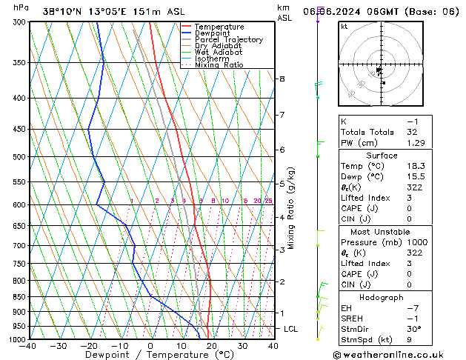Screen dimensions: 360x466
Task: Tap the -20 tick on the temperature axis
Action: point(89,346)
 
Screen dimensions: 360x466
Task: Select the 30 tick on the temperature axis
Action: point(242,346)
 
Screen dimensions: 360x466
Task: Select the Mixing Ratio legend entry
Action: point(219,65)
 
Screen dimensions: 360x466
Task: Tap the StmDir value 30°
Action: point(414,328)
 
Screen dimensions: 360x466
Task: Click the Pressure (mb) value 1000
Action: point(418,242)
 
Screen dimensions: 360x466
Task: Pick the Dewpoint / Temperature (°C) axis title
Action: point(150,355)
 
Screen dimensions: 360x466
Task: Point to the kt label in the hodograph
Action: point(344,27)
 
